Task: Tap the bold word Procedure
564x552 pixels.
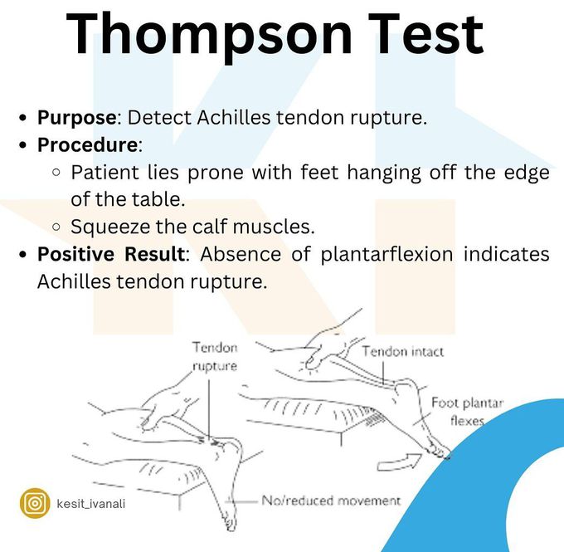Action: point(87,144)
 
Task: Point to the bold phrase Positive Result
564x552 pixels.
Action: point(114,254)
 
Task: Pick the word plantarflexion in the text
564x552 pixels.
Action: point(387,254)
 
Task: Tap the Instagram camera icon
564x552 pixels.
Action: point(35,503)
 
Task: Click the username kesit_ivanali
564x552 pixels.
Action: point(92,504)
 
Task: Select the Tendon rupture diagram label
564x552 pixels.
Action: point(215,356)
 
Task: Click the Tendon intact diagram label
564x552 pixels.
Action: point(402,351)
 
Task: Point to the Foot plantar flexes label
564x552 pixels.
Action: point(466,412)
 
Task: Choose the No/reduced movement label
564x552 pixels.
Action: point(331,501)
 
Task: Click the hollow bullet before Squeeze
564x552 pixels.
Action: point(56,227)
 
